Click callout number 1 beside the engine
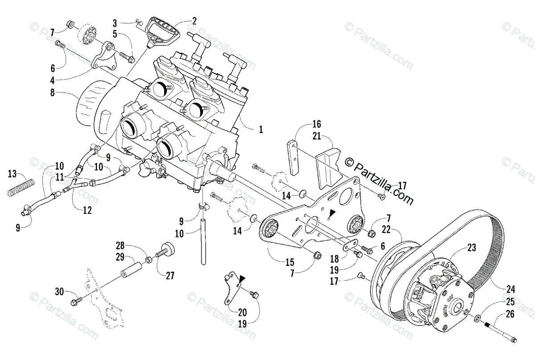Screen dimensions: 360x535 pos(261,130)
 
